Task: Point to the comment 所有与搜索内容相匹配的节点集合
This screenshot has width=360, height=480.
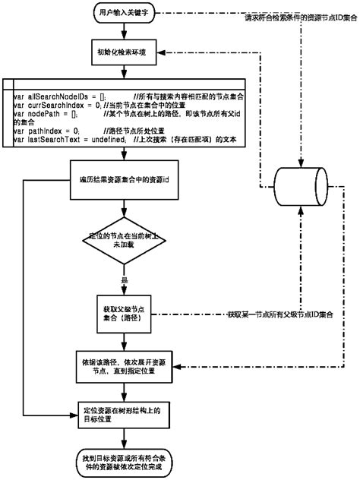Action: (189, 96)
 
